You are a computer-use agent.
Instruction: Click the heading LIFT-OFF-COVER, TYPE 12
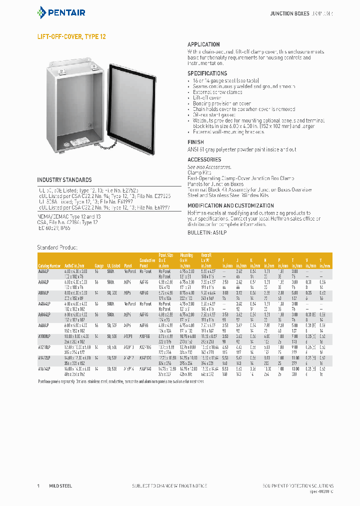point(71,37)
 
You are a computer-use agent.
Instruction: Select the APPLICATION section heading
point(203,44)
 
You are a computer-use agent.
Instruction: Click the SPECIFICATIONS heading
point(207,73)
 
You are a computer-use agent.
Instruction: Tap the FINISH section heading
point(195,142)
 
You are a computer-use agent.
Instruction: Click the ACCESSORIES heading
point(204,160)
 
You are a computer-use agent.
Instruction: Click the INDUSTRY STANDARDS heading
point(64,180)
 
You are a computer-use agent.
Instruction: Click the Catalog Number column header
point(49,266)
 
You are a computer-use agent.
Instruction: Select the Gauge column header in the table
point(99,266)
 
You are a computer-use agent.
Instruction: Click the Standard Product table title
point(57,247)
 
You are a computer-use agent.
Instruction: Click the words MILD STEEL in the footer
point(60,485)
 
